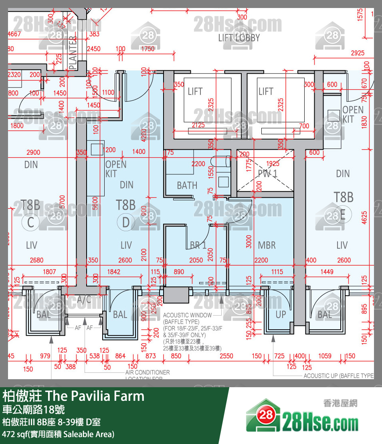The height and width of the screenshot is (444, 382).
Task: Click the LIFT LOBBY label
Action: (x=239, y=38)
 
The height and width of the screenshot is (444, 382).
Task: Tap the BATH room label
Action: (x=187, y=185)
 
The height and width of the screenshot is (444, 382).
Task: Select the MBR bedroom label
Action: (x=267, y=245)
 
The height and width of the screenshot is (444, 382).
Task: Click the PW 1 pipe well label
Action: (x=267, y=173)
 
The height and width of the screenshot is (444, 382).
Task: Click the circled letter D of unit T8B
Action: (x=126, y=222)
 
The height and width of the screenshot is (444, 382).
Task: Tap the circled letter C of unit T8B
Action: (x=31, y=222)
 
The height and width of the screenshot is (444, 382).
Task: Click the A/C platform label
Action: (x=85, y=300)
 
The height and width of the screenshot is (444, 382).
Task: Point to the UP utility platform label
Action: (x=281, y=314)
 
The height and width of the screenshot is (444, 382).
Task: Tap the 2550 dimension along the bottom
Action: (x=226, y=356)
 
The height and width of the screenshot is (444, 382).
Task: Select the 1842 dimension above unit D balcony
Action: (x=113, y=272)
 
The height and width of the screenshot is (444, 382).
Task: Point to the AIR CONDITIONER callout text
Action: (x=147, y=372)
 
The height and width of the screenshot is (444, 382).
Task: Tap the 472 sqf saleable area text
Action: (x=58, y=434)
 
